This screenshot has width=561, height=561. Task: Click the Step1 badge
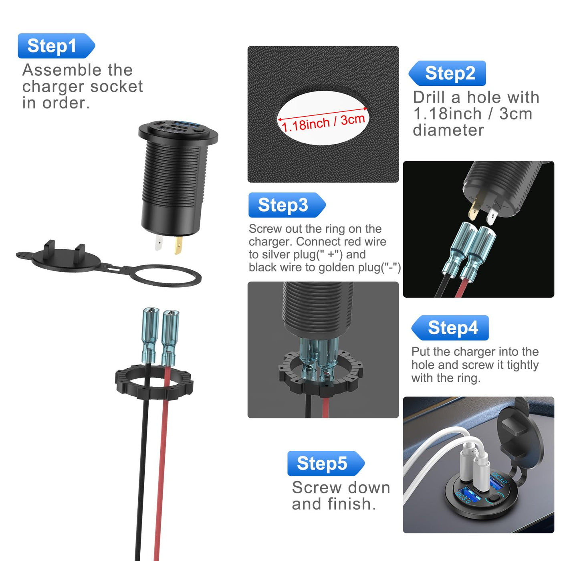tap(57, 46)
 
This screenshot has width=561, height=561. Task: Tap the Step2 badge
tap(447, 73)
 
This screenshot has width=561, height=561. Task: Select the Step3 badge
tap(287, 205)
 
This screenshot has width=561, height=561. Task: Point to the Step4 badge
tap(450, 328)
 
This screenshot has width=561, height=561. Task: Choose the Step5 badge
tap(326, 464)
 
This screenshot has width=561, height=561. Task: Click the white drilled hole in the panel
tap(323, 118)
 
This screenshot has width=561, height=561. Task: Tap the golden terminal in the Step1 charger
tap(178, 245)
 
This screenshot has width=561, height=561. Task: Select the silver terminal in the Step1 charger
tap(159, 242)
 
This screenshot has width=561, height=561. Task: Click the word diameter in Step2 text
tap(448, 130)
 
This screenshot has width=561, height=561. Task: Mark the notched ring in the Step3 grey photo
tap(321, 374)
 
